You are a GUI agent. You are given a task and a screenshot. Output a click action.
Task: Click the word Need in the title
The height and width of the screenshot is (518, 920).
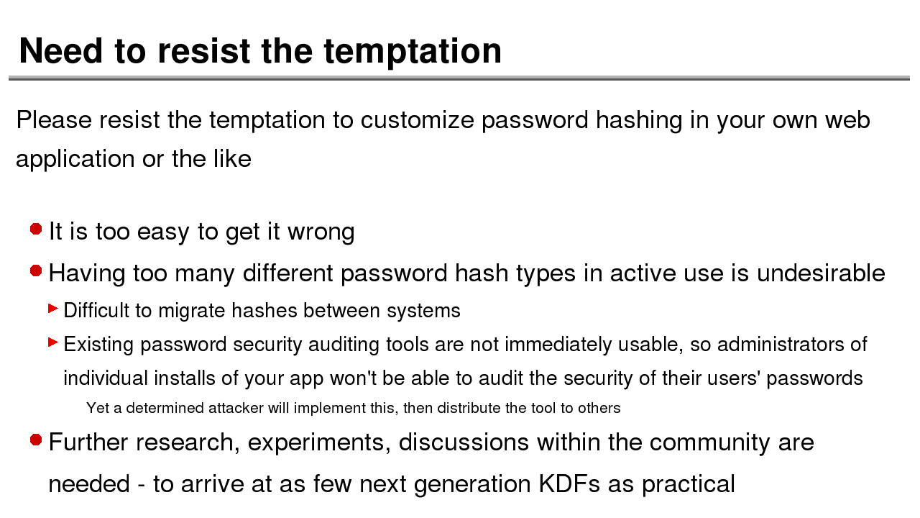point(61,51)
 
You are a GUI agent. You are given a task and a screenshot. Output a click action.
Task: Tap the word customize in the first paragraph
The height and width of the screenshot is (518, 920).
point(417,120)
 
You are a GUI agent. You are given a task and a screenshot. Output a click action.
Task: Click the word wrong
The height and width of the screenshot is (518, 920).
point(321,232)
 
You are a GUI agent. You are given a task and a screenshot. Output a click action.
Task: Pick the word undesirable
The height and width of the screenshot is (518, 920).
point(821,273)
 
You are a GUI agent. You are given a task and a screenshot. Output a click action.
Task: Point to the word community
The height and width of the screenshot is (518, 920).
point(709,443)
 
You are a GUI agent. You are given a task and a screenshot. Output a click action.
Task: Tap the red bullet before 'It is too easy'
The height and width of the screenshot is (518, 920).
point(36,229)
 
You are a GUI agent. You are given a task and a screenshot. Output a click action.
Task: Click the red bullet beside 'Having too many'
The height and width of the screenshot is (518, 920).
point(36,271)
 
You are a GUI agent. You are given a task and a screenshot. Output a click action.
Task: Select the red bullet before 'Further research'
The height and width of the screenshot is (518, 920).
point(36,440)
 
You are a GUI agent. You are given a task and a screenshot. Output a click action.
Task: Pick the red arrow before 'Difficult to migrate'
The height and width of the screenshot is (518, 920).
point(53,309)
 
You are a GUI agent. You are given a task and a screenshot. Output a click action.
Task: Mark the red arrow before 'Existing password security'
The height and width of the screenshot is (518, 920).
point(53,342)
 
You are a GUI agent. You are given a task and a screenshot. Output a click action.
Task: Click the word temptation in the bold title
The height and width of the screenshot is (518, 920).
point(413,52)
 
